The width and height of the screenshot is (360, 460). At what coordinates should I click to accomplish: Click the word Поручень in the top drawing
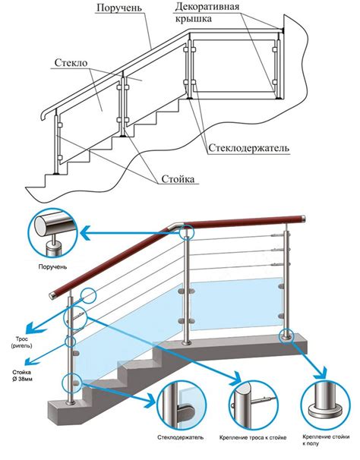point(119,8)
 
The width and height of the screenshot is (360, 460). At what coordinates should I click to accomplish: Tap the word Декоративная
point(207,7)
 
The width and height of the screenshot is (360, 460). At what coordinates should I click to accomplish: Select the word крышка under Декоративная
point(194,19)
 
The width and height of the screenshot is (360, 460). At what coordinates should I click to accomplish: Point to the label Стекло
point(71,63)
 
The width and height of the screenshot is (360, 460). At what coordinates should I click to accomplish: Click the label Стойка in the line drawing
point(178,179)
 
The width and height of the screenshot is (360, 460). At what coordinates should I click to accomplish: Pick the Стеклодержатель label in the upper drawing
point(248,148)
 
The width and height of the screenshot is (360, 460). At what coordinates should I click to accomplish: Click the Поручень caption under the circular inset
point(52,267)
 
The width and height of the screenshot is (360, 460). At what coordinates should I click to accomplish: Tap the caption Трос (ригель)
point(21,342)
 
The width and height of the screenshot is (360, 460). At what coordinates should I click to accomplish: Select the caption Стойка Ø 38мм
point(22,376)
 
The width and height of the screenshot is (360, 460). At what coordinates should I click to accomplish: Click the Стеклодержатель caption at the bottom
point(181,437)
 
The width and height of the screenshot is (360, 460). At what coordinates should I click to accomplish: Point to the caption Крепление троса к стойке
point(253,438)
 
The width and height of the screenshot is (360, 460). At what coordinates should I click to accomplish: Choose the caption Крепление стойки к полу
point(326,440)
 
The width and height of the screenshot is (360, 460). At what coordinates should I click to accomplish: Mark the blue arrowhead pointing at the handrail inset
point(87,234)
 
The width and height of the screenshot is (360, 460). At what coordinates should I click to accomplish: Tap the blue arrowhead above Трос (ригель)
point(32,326)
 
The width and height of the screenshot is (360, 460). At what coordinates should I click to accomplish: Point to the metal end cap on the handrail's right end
point(303,219)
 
